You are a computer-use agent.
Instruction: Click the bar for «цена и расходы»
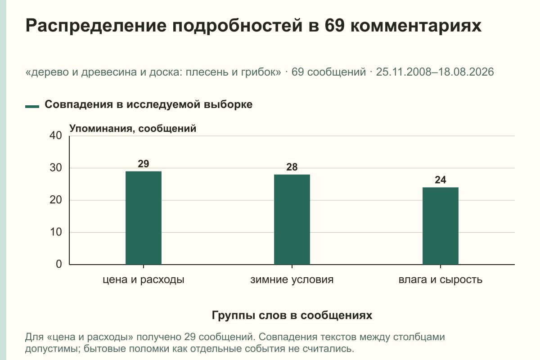pos(144,218)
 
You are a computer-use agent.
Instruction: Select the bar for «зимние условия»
pos(292,220)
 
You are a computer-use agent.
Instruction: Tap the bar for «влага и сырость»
pos(441,226)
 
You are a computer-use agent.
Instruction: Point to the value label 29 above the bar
pos(144,164)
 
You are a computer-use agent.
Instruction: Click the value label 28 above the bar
pos(292,167)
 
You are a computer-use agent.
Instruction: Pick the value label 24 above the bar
pos(441,180)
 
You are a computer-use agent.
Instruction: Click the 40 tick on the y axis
pos(56,135)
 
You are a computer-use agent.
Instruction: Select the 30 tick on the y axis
pos(56,168)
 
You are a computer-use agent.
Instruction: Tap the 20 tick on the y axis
pos(56,200)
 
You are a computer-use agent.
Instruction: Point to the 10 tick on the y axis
pos(56,232)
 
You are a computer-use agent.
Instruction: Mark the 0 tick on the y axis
pos(59,264)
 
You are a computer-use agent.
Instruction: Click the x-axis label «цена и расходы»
pos(144,280)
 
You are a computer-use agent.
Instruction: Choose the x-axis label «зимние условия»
pos(292,280)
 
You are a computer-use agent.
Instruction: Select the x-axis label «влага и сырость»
pos(441,280)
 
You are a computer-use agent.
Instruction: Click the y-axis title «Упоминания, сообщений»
pos(133,129)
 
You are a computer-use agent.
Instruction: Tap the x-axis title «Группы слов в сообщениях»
pos(292,315)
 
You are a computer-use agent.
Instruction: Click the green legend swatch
pos(32,107)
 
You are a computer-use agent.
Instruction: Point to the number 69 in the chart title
pos(334,25)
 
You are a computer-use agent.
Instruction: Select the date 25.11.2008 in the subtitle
pos(404,72)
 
